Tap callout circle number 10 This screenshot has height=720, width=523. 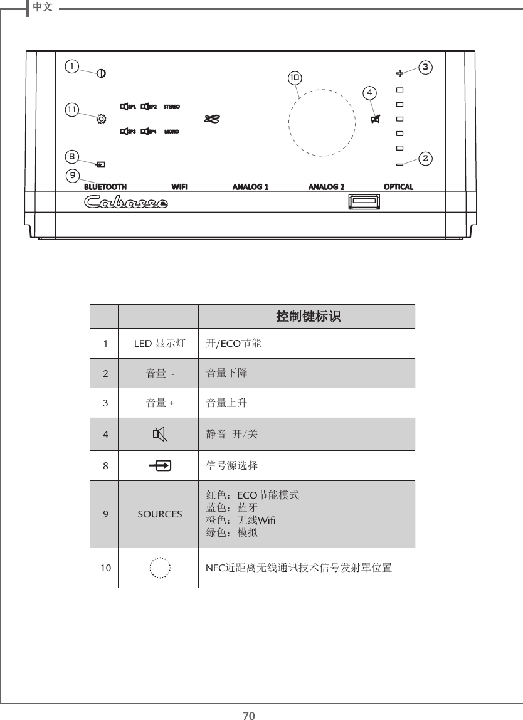(294, 78)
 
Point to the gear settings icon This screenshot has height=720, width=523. (101, 117)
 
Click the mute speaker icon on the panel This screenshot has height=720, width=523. (376, 119)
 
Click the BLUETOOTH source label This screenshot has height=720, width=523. (105, 187)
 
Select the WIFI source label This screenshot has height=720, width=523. (179, 187)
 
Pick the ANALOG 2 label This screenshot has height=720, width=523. (326, 187)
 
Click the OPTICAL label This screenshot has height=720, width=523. (398, 187)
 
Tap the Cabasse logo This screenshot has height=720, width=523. (126, 203)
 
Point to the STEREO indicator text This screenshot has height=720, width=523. (172, 106)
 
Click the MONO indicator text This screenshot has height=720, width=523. (172, 132)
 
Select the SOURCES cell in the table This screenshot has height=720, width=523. (160, 514)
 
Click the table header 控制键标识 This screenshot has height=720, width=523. (308, 317)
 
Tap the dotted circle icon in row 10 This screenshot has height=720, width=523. (160, 568)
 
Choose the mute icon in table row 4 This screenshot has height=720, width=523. (159, 434)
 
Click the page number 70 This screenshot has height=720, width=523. (250, 715)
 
